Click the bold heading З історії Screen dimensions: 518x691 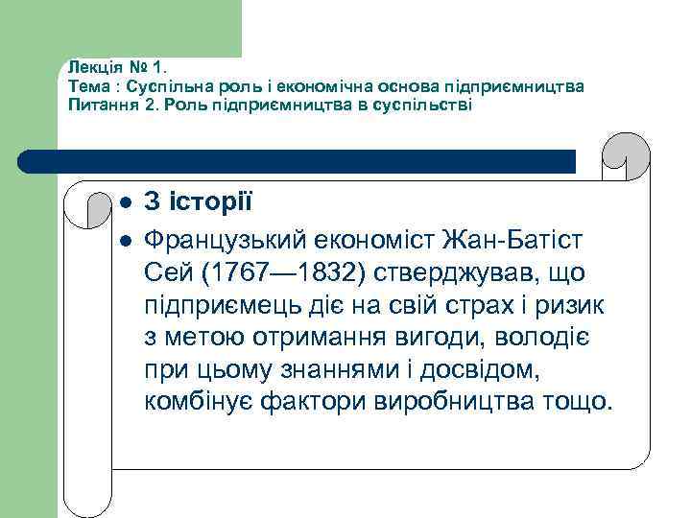tap(199, 203)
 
